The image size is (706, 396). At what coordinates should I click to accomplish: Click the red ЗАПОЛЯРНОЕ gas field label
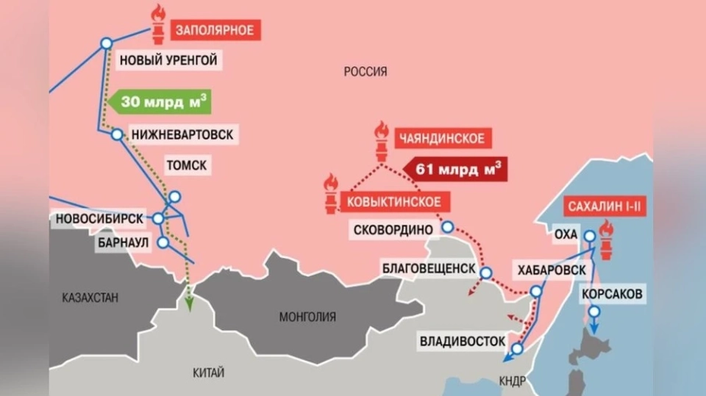click(x=215, y=30)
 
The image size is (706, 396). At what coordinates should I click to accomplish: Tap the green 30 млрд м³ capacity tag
click(x=158, y=101)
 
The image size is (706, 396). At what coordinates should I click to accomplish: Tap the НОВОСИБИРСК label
click(x=99, y=218)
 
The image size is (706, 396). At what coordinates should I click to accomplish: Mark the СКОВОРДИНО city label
click(x=393, y=229)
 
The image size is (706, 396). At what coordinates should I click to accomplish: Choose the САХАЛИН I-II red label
click(x=606, y=207)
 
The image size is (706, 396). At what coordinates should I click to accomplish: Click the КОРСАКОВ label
click(x=612, y=295)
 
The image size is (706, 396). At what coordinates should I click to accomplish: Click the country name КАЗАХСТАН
click(x=90, y=298)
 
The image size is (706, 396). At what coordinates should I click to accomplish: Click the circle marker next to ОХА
click(x=590, y=236)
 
